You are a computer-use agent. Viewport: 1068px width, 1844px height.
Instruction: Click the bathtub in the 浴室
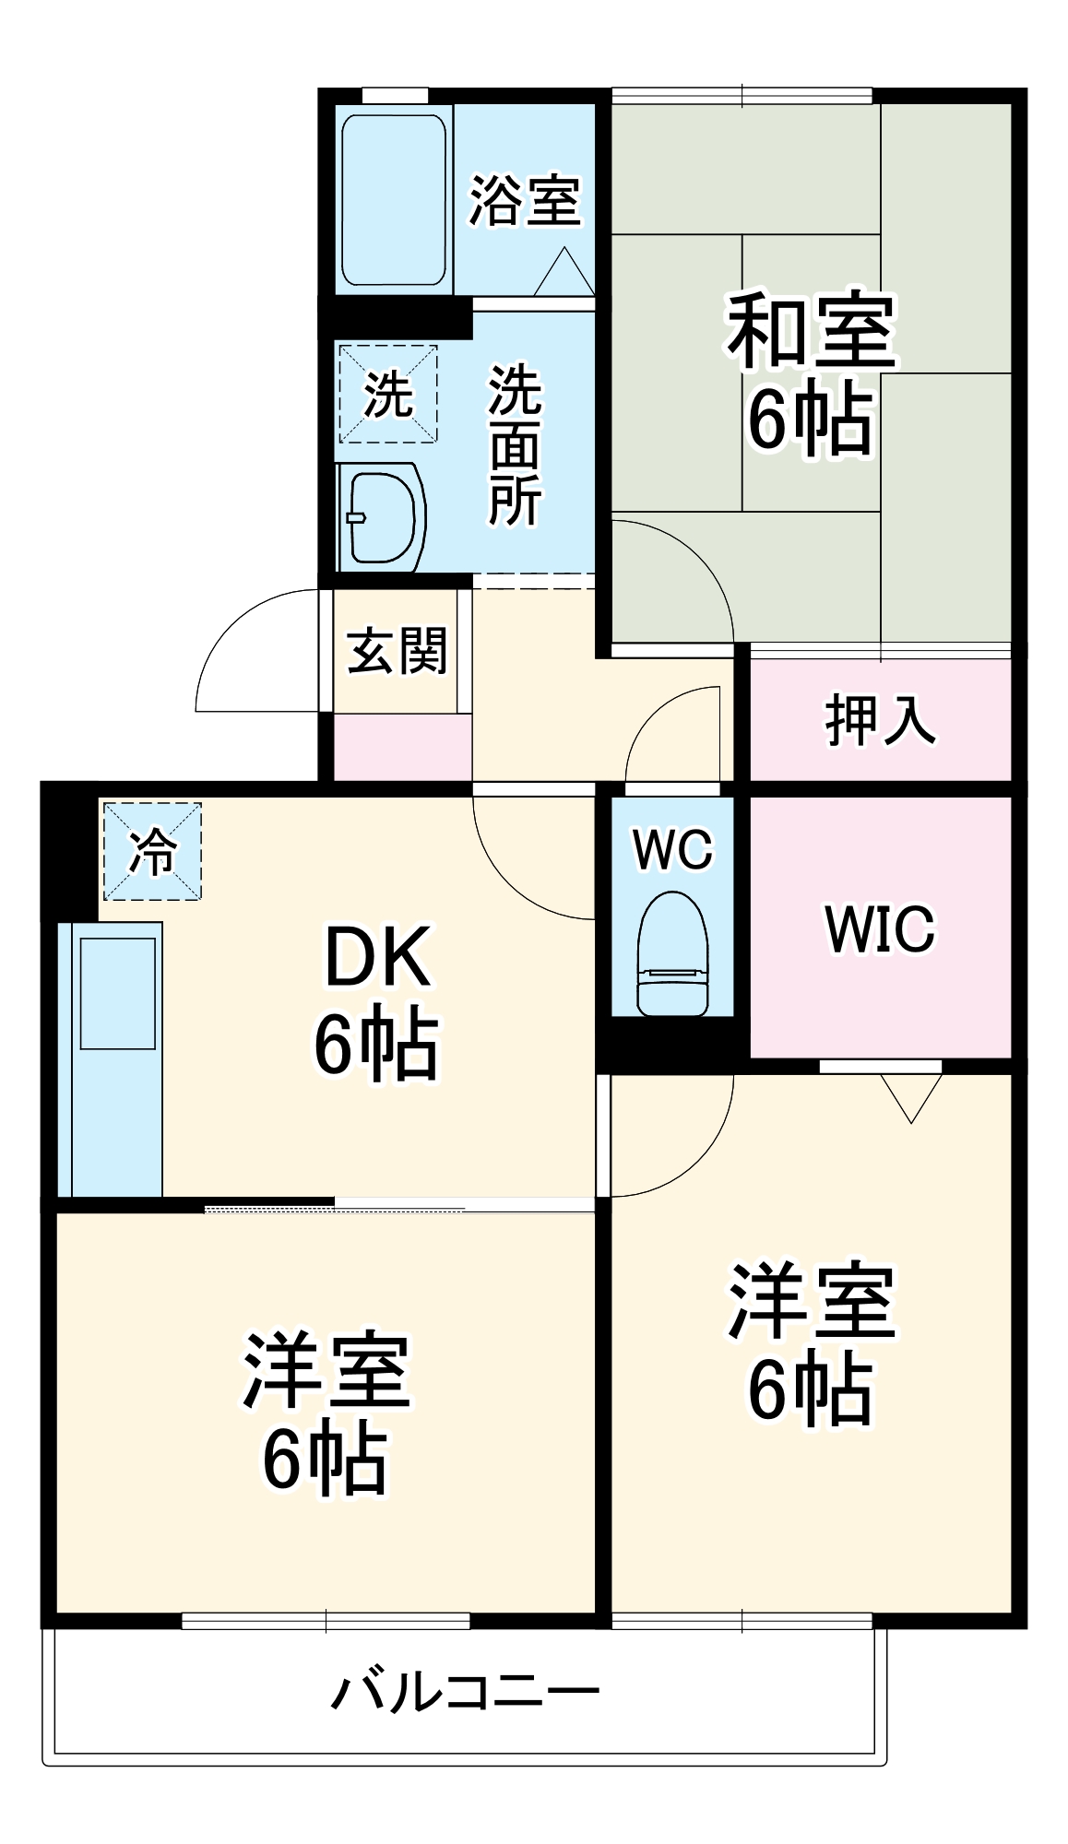pyautogui.click(x=394, y=199)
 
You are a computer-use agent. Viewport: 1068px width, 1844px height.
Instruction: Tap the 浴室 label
pyautogui.click(x=525, y=200)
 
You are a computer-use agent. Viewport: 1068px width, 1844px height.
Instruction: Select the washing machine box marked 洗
pyautogui.click(x=388, y=394)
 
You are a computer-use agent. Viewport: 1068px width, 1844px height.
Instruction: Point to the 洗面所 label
pyautogui.click(x=515, y=445)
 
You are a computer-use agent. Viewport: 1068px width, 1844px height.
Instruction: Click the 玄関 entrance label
pyautogui.click(x=397, y=651)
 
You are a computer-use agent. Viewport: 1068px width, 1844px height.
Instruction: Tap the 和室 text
pyautogui.click(x=811, y=330)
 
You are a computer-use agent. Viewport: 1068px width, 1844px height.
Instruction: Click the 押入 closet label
pyautogui.click(x=880, y=720)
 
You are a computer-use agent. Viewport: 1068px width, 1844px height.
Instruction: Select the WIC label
pyautogui.click(x=880, y=928)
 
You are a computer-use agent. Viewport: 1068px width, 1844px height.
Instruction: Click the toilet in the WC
pyautogui.click(x=672, y=954)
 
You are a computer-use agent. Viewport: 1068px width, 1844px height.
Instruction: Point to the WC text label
pyautogui.click(x=672, y=848)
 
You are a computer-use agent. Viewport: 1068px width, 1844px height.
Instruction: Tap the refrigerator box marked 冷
pyautogui.click(x=152, y=851)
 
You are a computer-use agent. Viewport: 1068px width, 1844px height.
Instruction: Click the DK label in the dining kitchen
pyautogui.click(x=377, y=958)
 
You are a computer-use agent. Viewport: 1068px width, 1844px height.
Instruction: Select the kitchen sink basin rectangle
pyautogui.click(x=118, y=994)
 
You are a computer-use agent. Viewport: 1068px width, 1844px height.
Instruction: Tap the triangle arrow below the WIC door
pyautogui.click(x=911, y=1095)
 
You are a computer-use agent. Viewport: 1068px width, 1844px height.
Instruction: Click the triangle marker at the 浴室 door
pyautogui.click(x=564, y=274)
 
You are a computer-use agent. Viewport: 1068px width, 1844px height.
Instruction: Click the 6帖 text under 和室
pyautogui.click(x=811, y=420)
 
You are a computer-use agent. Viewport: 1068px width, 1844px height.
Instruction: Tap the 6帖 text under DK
pyautogui.click(x=377, y=1045)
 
